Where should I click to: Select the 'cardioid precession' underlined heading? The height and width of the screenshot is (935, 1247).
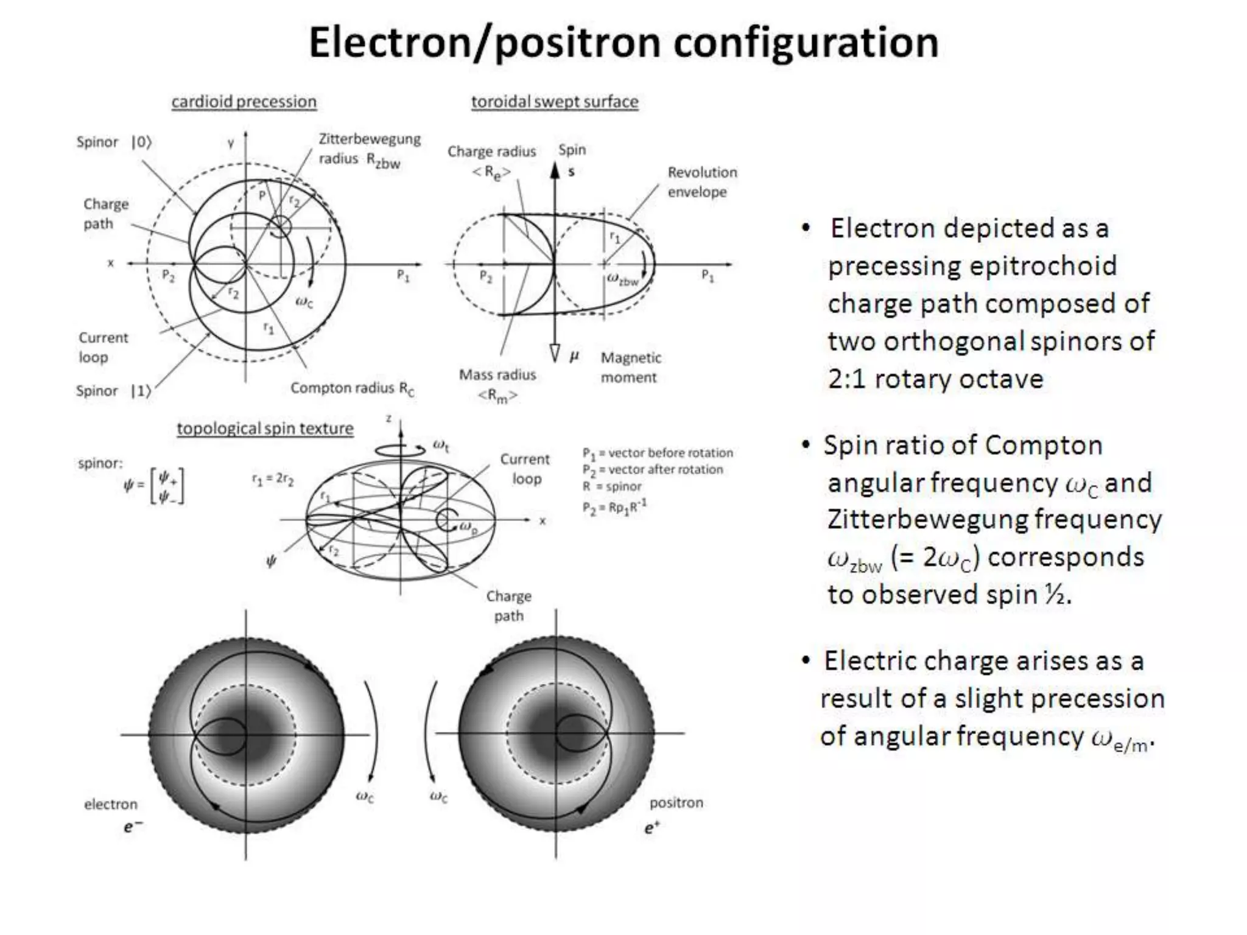[x=244, y=102]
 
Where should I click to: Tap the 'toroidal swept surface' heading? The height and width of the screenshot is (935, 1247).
[x=555, y=102]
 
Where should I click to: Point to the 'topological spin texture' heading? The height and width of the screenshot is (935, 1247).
[x=265, y=429]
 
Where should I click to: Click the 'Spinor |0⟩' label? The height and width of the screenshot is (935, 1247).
[x=113, y=142]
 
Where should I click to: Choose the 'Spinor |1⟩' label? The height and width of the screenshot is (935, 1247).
[x=113, y=391]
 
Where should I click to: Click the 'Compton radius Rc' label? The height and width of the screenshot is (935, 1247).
[x=352, y=388]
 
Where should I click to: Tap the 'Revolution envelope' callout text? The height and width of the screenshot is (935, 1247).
[x=701, y=182]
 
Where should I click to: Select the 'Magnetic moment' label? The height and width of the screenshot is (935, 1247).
[x=630, y=368]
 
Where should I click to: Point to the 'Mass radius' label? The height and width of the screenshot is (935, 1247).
[x=497, y=375]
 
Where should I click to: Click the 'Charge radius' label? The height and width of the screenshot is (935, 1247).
[x=491, y=152]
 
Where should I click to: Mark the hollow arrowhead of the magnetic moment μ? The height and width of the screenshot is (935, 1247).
[x=555, y=352]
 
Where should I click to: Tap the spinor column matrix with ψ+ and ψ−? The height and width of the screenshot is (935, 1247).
[x=167, y=486]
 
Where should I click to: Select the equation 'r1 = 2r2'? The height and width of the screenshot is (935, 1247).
[x=273, y=480]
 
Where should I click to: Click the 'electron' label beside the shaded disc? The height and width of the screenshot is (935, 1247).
[x=111, y=805]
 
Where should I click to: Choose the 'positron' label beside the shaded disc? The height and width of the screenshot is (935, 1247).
[x=676, y=803]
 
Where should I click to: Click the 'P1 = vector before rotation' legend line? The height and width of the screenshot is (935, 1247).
[x=658, y=453]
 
